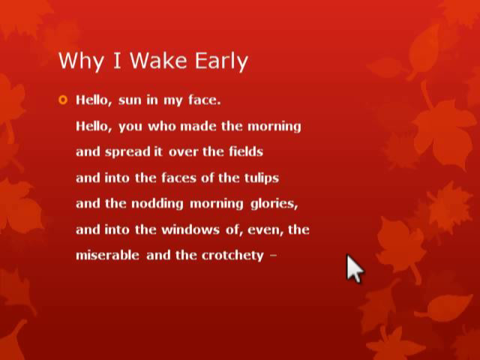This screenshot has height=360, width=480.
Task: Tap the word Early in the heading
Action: [x=221, y=61]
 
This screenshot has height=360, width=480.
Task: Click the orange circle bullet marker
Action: [x=63, y=100]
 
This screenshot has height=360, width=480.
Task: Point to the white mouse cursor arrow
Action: [x=355, y=268]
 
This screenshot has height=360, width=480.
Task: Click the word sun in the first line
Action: [x=130, y=100]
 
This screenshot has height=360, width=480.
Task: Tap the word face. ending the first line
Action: [x=204, y=100]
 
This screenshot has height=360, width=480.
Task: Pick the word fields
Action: [x=246, y=151]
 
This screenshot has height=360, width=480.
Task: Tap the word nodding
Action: [x=157, y=204]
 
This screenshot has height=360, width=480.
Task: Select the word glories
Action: [x=274, y=204]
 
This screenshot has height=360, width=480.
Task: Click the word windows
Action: [x=190, y=229]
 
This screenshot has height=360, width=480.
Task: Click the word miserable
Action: [x=107, y=255]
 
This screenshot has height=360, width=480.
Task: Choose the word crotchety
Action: [x=232, y=256]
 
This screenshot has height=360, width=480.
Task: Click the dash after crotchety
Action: [x=274, y=255]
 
